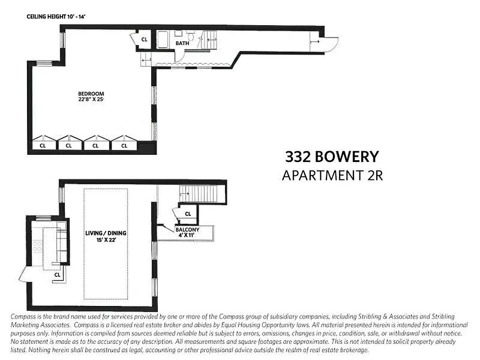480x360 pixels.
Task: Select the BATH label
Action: [x=182, y=43]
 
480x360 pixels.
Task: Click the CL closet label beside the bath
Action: [x=144, y=40]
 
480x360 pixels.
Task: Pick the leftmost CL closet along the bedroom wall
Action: [x=43, y=145]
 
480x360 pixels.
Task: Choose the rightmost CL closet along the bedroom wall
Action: [x=124, y=145]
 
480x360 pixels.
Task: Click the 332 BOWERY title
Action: [x=332, y=157]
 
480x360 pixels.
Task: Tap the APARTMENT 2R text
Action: [x=332, y=175]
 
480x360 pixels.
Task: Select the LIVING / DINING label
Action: [x=106, y=233]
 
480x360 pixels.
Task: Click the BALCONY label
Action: [x=187, y=229]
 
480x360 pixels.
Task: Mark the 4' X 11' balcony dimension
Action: [x=187, y=235]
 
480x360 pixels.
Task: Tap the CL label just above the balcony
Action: [x=188, y=214]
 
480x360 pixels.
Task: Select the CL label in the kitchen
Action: [x=57, y=274]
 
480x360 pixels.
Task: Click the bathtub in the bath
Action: [x=163, y=40]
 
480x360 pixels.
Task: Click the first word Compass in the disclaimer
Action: [x=23, y=317]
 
